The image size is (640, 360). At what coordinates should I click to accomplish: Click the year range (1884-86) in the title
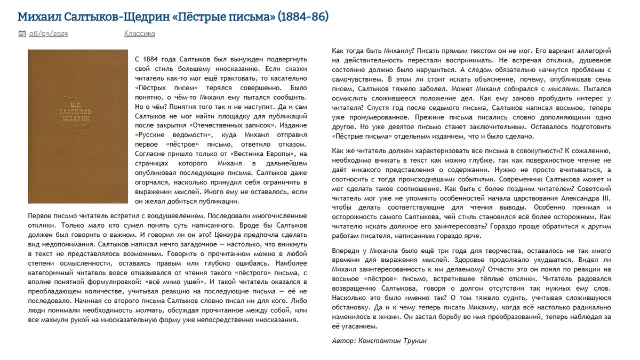(x=303, y=17)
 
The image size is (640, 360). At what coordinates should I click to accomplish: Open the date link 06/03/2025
(x=49, y=34)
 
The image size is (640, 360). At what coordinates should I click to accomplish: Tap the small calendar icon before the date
(x=22, y=34)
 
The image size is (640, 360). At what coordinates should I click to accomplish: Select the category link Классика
(x=140, y=34)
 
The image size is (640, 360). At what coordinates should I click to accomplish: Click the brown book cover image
(x=78, y=126)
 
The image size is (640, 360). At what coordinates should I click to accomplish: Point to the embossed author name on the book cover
(x=78, y=109)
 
